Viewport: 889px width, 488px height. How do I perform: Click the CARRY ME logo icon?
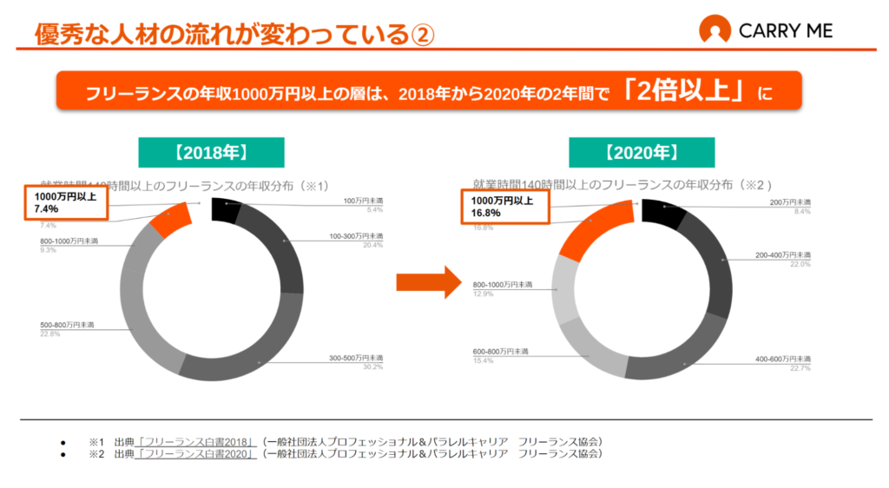(x=714, y=31)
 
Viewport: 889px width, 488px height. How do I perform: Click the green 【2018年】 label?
(x=211, y=154)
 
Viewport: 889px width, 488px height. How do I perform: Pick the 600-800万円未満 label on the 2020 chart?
(x=501, y=351)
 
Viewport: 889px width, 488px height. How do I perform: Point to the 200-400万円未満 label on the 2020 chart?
(x=781, y=255)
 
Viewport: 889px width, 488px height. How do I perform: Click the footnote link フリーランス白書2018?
(x=196, y=441)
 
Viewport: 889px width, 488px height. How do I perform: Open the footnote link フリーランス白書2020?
(x=196, y=453)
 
